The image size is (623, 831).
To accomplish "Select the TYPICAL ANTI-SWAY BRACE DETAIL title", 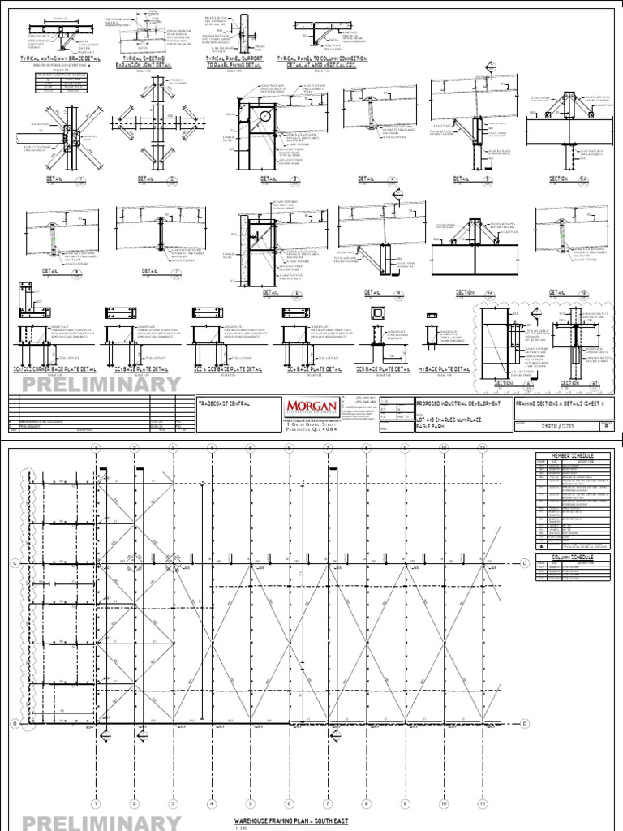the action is (54, 59).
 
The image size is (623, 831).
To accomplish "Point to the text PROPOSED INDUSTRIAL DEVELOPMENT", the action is (458, 403).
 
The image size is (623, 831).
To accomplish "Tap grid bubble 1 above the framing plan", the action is (96, 447).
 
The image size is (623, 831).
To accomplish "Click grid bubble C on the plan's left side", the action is (14, 562).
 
